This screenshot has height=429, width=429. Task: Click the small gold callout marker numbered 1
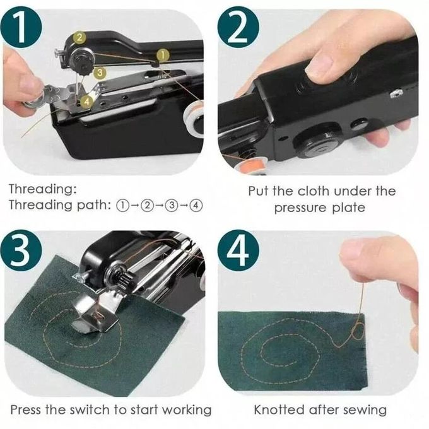(x=162, y=56)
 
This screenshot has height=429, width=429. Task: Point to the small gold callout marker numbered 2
(x=79, y=38)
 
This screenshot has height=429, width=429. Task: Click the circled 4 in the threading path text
(x=196, y=206)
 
